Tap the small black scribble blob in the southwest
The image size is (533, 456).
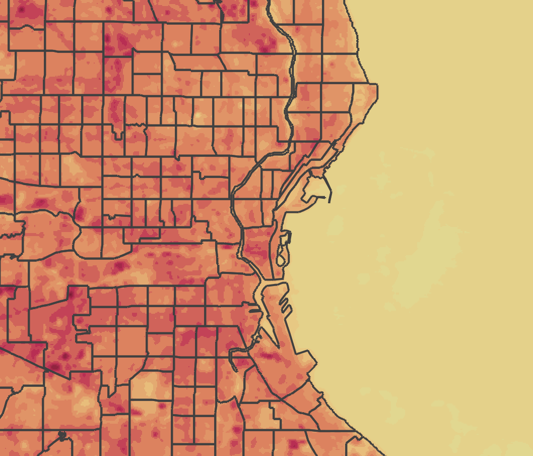[x=62, y=434]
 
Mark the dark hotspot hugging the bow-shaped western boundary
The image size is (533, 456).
[x=80, y=212]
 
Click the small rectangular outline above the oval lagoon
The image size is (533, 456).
[x=286, y=236]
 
